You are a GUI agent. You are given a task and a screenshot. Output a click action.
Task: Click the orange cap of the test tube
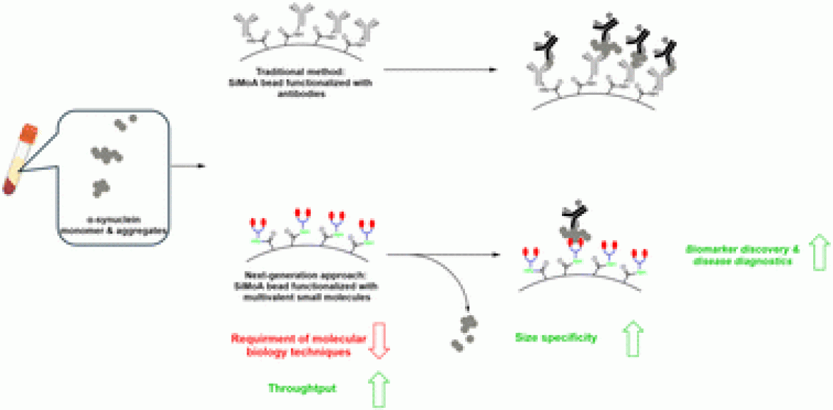click(28, 133)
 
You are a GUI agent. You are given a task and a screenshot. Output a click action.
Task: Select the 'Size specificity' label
click(556, 338)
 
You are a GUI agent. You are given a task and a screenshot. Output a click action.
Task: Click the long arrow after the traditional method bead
click(438, 69)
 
